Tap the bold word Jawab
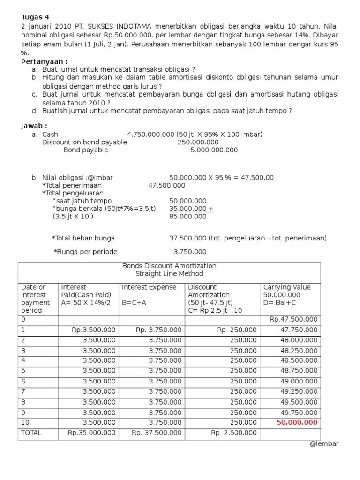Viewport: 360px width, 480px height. pos(34,126)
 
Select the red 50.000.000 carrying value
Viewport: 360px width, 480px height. pos(297,422)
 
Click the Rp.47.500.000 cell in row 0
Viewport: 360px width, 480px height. pos(293,319)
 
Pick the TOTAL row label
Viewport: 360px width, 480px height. pos(31,433)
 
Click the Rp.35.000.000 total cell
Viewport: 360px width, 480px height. pos(91,433)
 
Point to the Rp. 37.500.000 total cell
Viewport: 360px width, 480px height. pos(157,433)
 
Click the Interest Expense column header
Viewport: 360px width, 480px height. pos(149,287)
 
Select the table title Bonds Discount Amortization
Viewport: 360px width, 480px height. pos(169,266)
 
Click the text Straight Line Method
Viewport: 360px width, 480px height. pos(169,274)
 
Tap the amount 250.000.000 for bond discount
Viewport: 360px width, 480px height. pos(198,142)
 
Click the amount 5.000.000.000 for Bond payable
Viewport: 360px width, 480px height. pos(214,150)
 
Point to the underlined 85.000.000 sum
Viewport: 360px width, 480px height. pos(187,217)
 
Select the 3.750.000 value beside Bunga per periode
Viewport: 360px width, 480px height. pos(190,252)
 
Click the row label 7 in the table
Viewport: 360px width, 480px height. pos(23,391)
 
